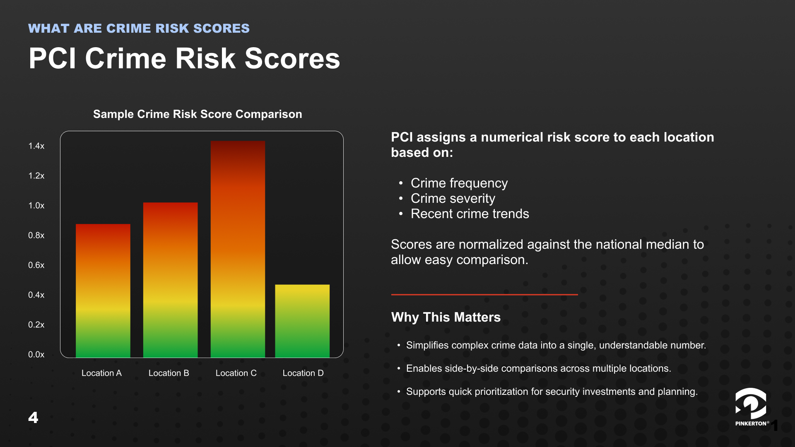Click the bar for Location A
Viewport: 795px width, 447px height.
[x=103, y=291]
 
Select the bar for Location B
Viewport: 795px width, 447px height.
[x=170, y=280]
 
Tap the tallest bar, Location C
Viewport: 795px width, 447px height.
[x=238, y=249]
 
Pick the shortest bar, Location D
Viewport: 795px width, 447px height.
[x=302, y=321]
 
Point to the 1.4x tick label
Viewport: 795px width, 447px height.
[x=36, y=146]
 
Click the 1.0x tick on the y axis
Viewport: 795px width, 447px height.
[x=36, y=206]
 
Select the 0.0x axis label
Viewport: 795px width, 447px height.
[x=36, y=355]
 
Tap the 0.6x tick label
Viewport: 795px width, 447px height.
[x=36, y=265]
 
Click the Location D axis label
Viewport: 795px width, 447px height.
[x=303, y=373]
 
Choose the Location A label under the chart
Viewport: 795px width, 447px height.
[x=101, y=373]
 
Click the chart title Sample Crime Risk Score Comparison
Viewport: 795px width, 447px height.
[x=198, y=114]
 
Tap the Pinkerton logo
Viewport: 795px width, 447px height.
[x=751, y=407]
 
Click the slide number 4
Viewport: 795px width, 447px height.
[x=33, y=417]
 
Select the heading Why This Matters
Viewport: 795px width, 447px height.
[x=446, y=317]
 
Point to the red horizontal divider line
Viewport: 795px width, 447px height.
[x=484, y=295]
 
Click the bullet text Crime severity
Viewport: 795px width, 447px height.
[x=453, y=199]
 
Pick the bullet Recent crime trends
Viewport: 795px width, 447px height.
[x=470, y=214]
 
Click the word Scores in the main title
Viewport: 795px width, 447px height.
[x=292, y=58]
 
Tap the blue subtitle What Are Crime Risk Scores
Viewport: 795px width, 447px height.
[x=139, y=28]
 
